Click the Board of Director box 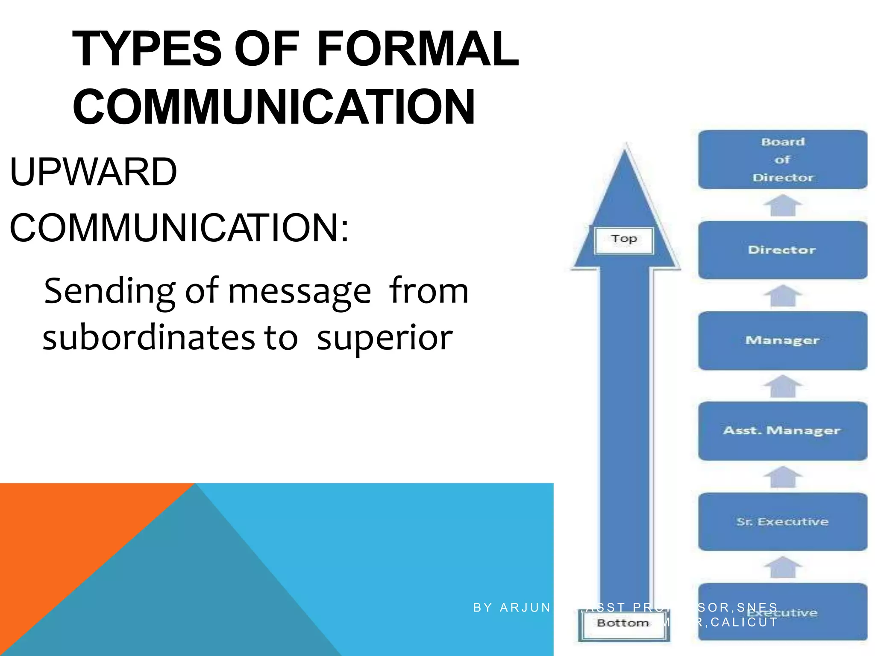tap(782, 159)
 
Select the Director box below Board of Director tap(782, 250)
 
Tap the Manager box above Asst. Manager tap(782, 340)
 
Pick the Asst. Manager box tap(782, 430)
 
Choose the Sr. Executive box tap(782, 521)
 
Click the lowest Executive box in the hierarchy tap(782, 612)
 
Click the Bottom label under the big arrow tap(623, 624)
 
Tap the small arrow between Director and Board tap(783, 205)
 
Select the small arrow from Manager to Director tap(783, 296)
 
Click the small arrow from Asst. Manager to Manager tap(783, 387)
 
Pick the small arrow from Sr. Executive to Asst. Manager tap(783, 477)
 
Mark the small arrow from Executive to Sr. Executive tap(783, 568)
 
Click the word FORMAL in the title tap(417, 49)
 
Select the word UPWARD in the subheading tap(93, 172)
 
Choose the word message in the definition tap(299, 291)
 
